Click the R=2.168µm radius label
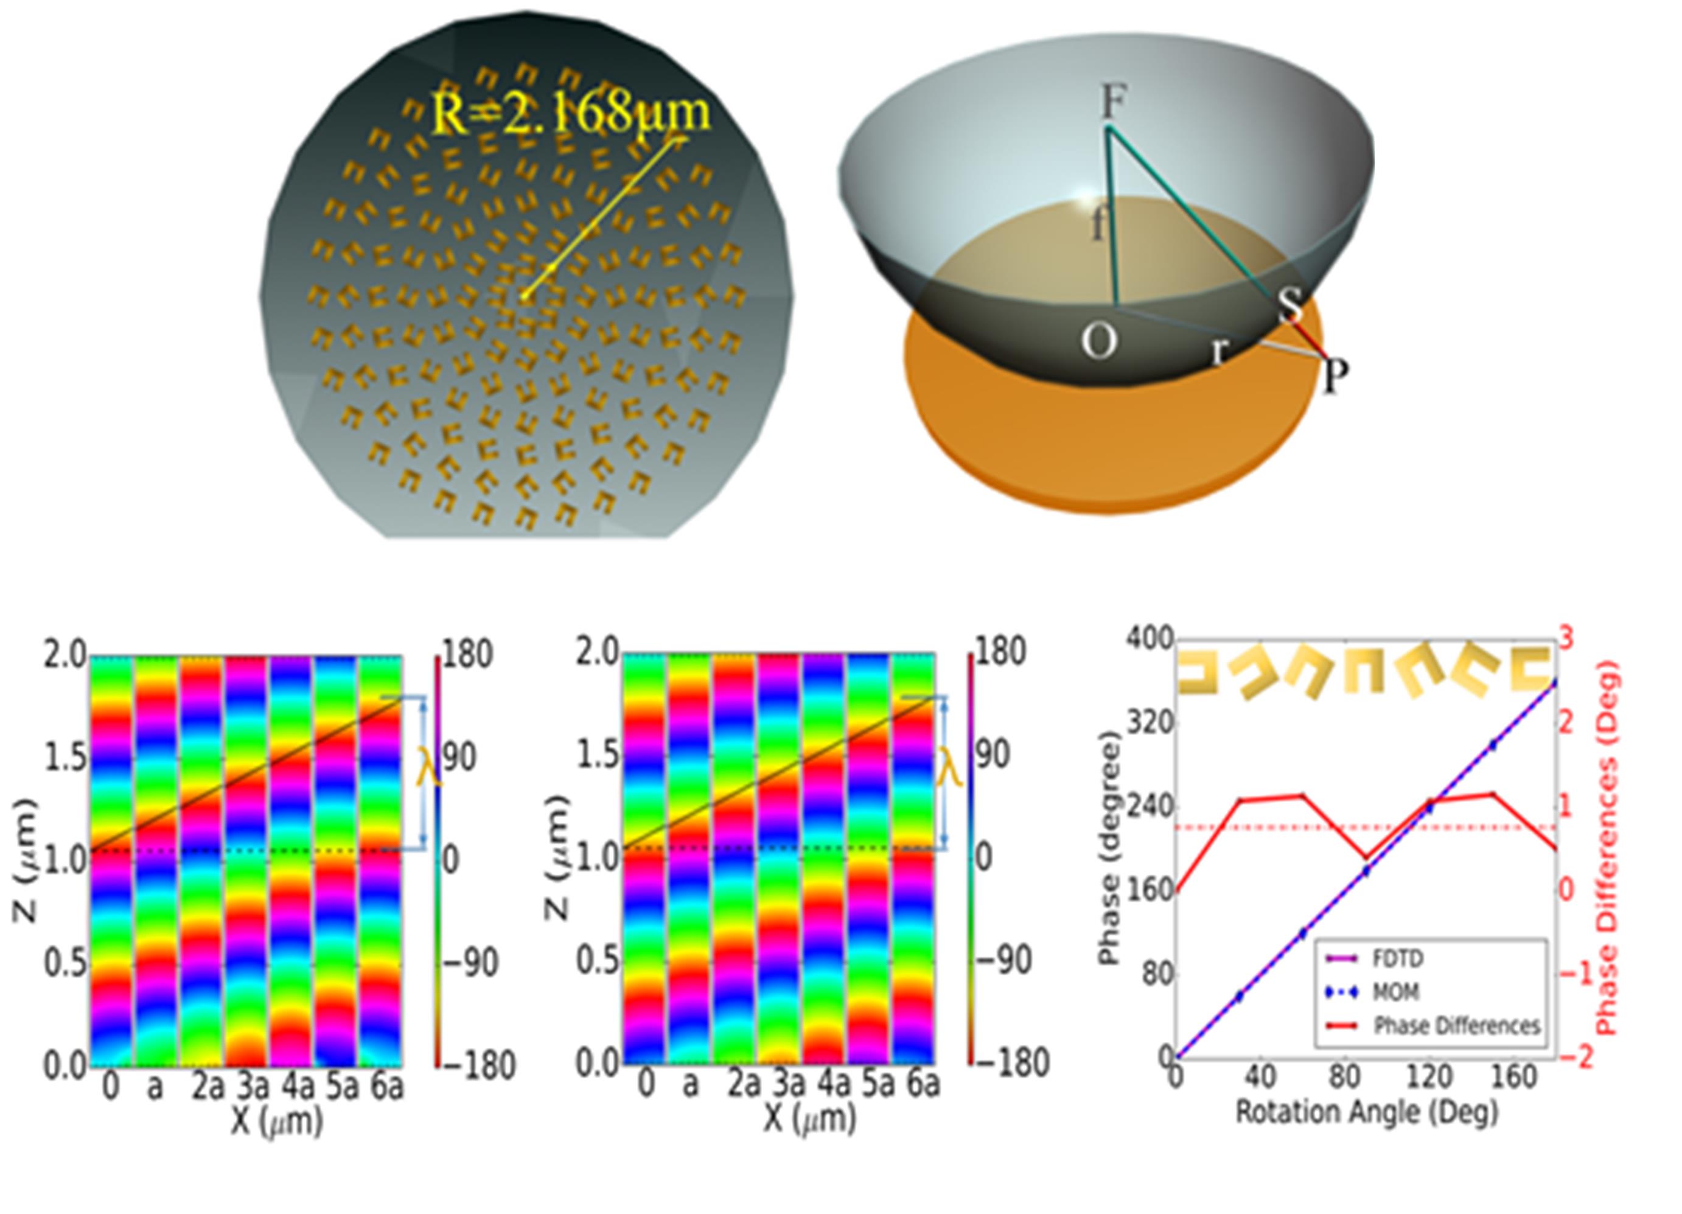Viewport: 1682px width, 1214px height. point(570,111)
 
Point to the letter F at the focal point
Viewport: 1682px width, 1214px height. point(1112,102)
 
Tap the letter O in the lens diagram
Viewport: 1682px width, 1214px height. point(1098,343)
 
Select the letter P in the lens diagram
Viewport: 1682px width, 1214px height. point(1333,377)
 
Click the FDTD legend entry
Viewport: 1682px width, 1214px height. point(1397,958)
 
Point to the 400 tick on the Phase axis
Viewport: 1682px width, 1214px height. point(1150,640)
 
